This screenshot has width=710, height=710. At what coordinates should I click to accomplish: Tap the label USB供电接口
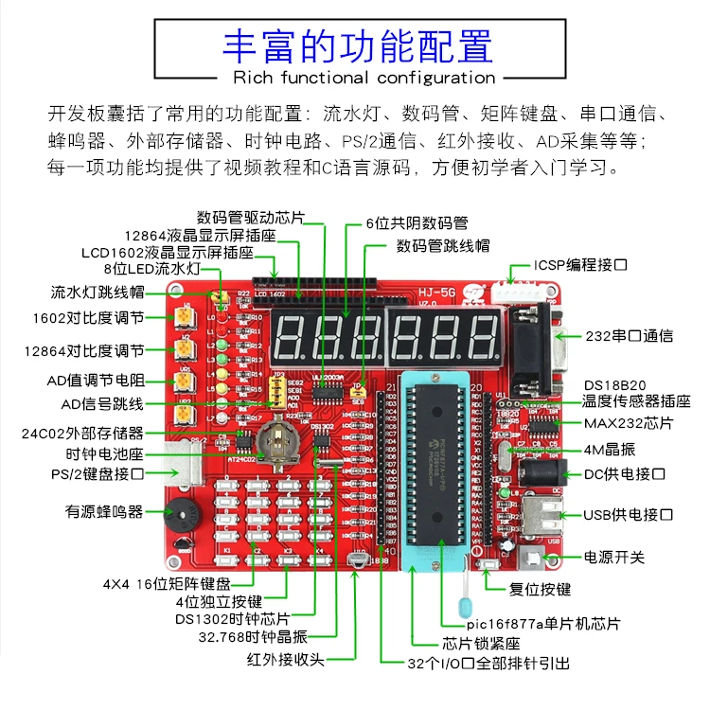click(628, 515)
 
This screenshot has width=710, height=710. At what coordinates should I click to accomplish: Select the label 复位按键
click(541, 589)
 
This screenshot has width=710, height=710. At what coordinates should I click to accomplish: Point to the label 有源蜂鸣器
click(104, 511)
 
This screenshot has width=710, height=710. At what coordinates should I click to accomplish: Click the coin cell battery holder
click(280, 440)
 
